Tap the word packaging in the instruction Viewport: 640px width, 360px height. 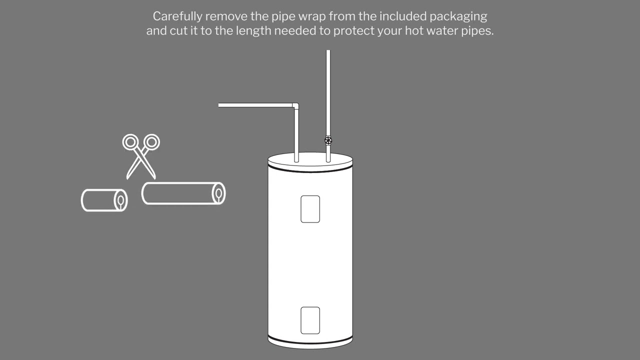[x=458, y=17]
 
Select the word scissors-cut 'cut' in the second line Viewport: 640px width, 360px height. [x=178, y=31]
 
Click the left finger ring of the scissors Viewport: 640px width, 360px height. [x=130, y=142]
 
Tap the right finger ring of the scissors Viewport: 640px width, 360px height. [x=151, y=141]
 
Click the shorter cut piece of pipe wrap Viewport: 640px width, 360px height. [x=104, y=200]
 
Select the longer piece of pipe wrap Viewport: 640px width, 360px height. [x=183, y=193]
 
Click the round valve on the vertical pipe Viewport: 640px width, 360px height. [x=328, y=140]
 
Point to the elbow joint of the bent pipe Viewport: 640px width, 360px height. [x=295, y=105]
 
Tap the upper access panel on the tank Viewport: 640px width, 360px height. [x=310, y=209]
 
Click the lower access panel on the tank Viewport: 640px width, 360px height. [x=310, y=320]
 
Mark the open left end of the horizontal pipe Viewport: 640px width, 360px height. [x=219, y=105]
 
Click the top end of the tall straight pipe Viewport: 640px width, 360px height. [x=328, y=50]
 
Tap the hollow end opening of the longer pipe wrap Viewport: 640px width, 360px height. [x=218, y=193]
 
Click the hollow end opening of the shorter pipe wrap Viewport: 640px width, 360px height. [x=120, y=200]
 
